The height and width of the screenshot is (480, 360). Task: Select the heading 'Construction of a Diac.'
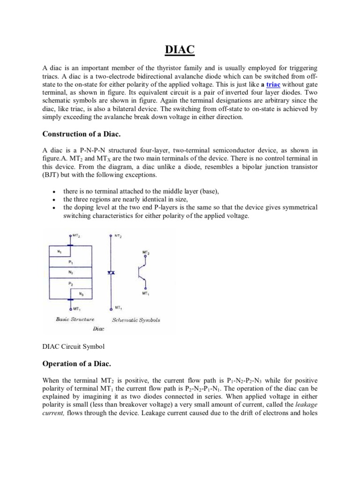82,134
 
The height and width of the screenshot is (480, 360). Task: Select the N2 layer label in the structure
70,272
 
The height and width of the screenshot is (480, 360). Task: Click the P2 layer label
70,284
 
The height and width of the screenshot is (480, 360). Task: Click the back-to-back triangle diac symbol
111,272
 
